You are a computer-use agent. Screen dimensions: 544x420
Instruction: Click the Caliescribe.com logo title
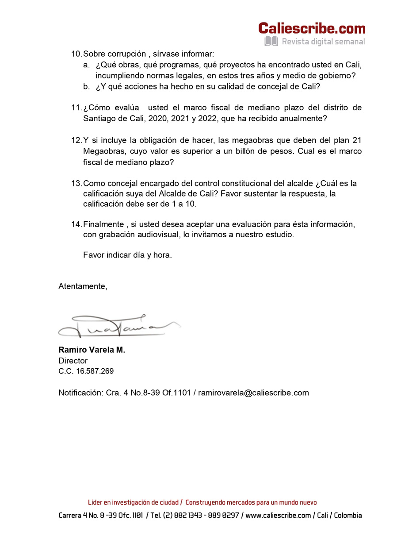pos(312,28)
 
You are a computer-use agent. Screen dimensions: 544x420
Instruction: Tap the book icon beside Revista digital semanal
pos(271,42)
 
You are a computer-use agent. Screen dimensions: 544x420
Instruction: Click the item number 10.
pos(76,54)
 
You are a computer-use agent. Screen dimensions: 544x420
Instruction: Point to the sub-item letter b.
pos(86,87)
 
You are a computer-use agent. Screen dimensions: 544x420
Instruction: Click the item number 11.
pos(76,108)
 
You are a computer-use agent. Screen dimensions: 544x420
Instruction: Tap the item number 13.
pos(76,183)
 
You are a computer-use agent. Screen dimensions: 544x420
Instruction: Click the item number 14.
pos(76,224)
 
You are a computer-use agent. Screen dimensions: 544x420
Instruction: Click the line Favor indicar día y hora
pos(127,255)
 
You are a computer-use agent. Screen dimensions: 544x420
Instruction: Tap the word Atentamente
pos(83,286)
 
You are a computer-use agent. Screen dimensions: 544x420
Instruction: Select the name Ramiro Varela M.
pos(92,350)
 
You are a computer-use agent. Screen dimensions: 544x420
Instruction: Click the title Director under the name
pos(73,361)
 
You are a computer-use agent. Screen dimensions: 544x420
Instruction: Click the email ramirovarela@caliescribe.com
pos(253,393)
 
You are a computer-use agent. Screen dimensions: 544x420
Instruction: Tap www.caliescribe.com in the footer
pos(278,515)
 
